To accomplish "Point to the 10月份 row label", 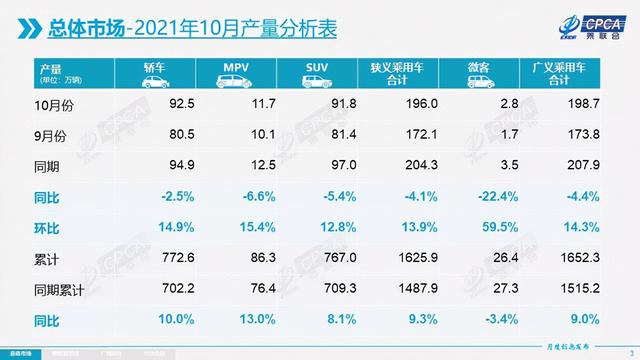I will pos(56,102).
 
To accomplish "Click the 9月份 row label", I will pos(54,131).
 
